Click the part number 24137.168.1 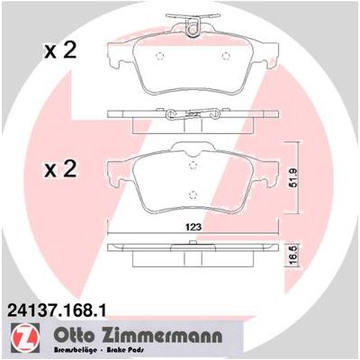pyautogui.click(x=54, y=310)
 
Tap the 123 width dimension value pyautogui.click(x=193, y=227)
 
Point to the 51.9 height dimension pyautogui.click(x=293, y=177)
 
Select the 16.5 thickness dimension pyautogui.click(x=293, y=256)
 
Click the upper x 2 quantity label pyautogui.click(x=60, y=51)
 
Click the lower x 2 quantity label pyautogui.click(x=60, y=169)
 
